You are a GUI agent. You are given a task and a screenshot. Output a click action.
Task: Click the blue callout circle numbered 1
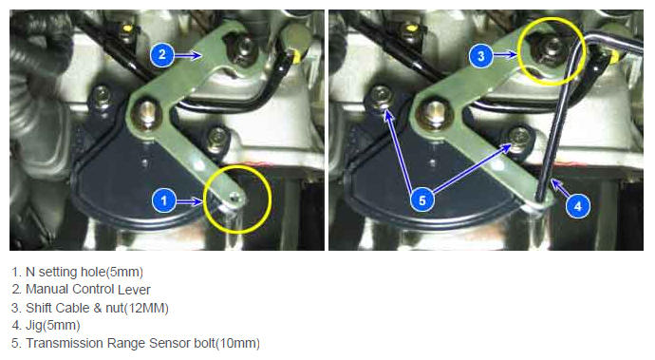(x=163, y=200)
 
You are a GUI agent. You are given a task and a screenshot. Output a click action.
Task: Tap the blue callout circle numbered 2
(x=162, y=55)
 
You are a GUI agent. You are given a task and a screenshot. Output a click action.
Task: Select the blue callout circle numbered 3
(x=480, y=56)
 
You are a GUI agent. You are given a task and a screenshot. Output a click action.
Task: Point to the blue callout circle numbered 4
(x=578, y=206)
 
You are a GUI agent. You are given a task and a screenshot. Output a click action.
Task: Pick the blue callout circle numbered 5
(x=422, y=199)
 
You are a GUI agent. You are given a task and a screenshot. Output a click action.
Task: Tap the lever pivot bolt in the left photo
(x=146, y=113)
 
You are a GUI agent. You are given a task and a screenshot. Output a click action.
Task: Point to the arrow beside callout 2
(x=188, y=55)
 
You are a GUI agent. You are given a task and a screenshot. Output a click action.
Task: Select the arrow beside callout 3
(x=505, y=55)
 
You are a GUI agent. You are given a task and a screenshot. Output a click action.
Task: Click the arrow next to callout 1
(x=189, y=202)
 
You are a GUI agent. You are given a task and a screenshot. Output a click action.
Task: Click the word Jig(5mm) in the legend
(x=52, y=325)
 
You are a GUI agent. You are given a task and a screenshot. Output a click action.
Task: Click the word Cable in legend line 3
(x=73, y=308)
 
